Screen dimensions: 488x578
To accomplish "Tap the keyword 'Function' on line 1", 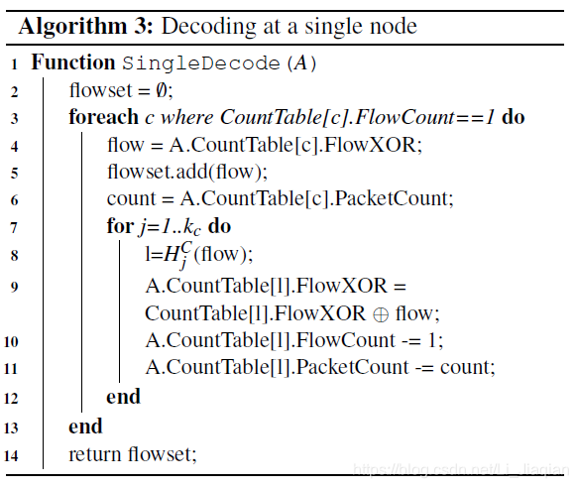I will tap(73, 62).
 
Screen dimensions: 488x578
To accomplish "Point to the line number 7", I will tap(15, 227).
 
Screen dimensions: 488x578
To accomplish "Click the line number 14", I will tap(12, 455).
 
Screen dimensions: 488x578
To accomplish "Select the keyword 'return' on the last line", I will tap(95, 455).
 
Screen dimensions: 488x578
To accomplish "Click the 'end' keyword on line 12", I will tap(123, 398).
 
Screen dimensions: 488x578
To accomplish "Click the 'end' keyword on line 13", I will tap(85, 427).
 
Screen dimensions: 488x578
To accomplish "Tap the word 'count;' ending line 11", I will tap(465, 367).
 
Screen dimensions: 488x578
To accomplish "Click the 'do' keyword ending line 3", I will tap(513, 117).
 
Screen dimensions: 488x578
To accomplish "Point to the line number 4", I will tap(15, 145).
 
